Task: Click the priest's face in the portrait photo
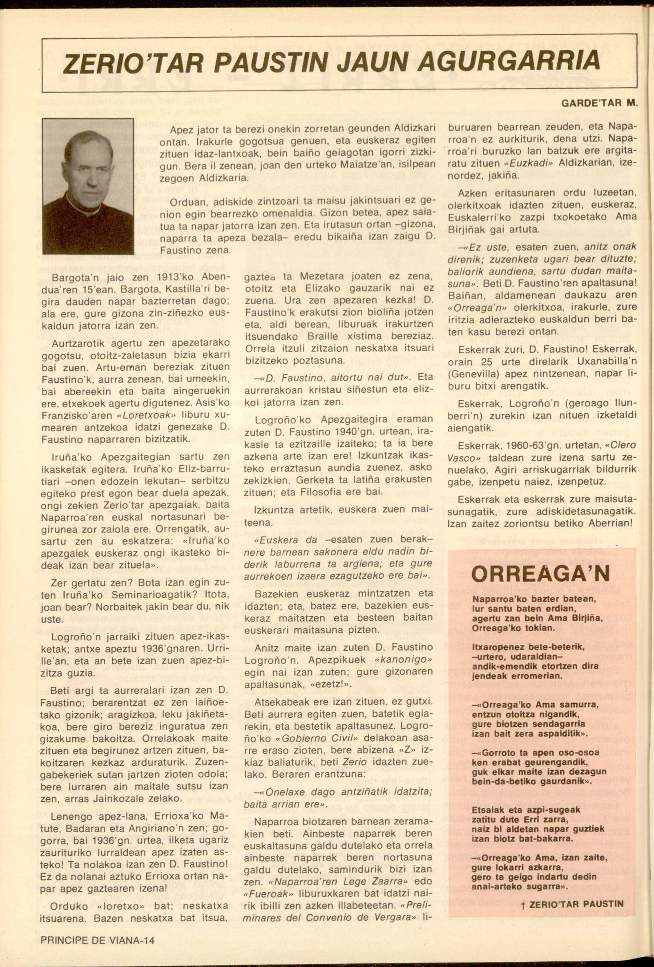point(88,159)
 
